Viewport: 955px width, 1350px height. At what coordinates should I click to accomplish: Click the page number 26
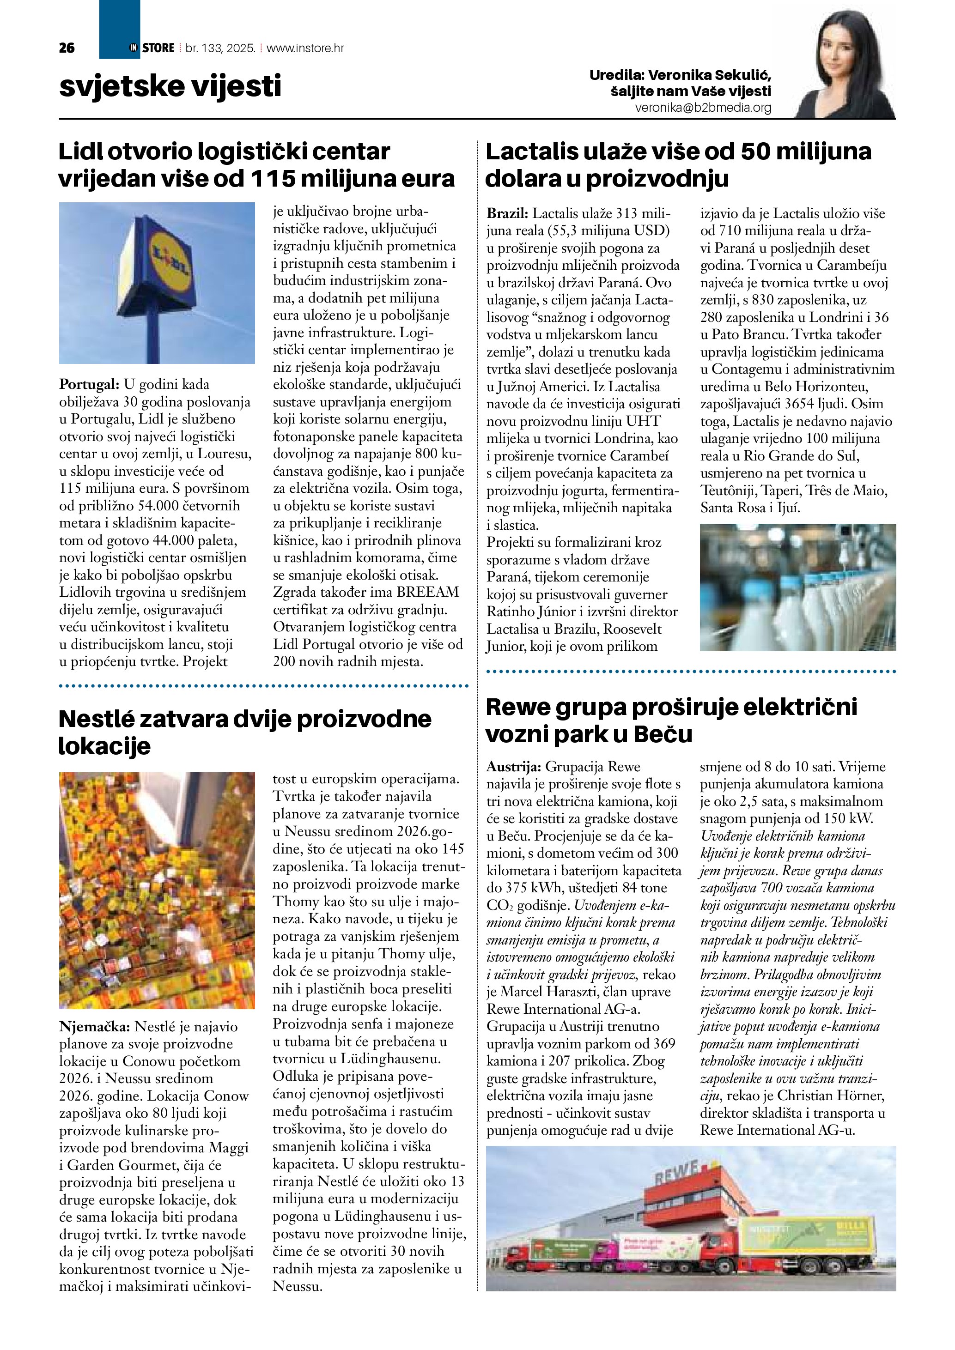pyautogui.click(x=67, y=48)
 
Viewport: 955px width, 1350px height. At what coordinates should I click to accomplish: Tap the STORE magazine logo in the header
pyautogui.click(x=152, y=48)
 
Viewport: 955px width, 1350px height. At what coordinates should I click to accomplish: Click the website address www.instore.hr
pyautogui.click(x=305, y=48)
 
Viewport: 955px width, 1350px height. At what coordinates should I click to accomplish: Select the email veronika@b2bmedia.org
pyautogui.click(x=703, y=108)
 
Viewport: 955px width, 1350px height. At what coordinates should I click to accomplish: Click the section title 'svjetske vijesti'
pyautogui.click(x=170, y=86)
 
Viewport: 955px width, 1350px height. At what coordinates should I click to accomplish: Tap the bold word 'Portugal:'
pyautogui.click(x=89, y=385)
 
